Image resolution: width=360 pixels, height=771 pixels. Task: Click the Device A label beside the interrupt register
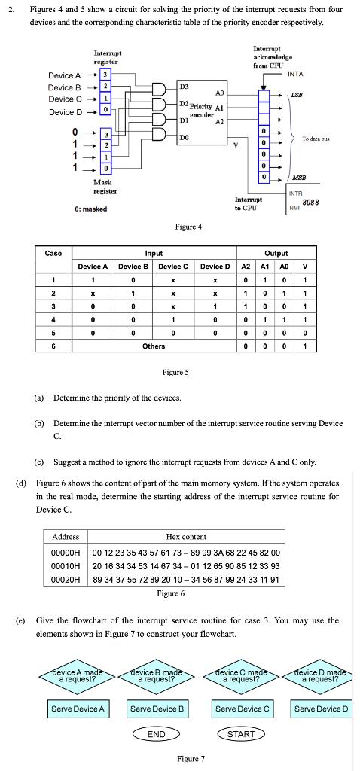click(65, 75)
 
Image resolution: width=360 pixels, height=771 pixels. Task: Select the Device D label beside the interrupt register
click(65, 112)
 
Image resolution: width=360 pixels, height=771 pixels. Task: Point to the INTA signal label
click(296, 74)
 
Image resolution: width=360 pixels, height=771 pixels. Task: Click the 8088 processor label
click(310, 203)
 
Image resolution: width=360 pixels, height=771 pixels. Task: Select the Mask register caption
click(103, 187)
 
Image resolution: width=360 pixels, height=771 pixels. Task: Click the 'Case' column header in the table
click(53, 254)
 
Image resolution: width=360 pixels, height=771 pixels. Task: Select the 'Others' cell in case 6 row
click(154, 346)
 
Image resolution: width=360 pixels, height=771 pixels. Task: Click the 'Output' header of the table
click(276, 254)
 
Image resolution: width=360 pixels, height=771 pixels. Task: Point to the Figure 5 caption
click(175, 373)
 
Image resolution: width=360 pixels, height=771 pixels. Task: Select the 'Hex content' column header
click(186, 537)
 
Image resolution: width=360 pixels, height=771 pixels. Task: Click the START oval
click(241, 733)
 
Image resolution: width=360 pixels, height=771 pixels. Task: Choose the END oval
click(157, 733)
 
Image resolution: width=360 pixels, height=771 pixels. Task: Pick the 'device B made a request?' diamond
click(157, 675)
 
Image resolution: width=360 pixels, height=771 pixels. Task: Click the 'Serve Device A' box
click(78, 709)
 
